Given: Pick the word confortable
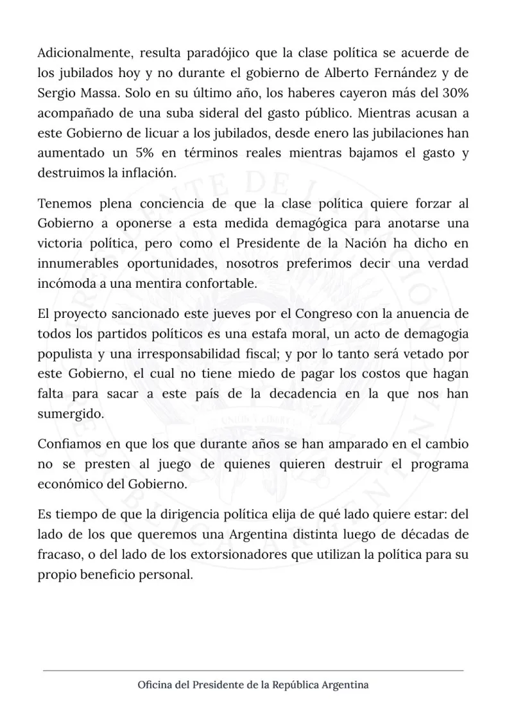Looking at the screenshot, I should click(219, 284).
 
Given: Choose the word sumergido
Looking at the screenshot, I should click(71, 414).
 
